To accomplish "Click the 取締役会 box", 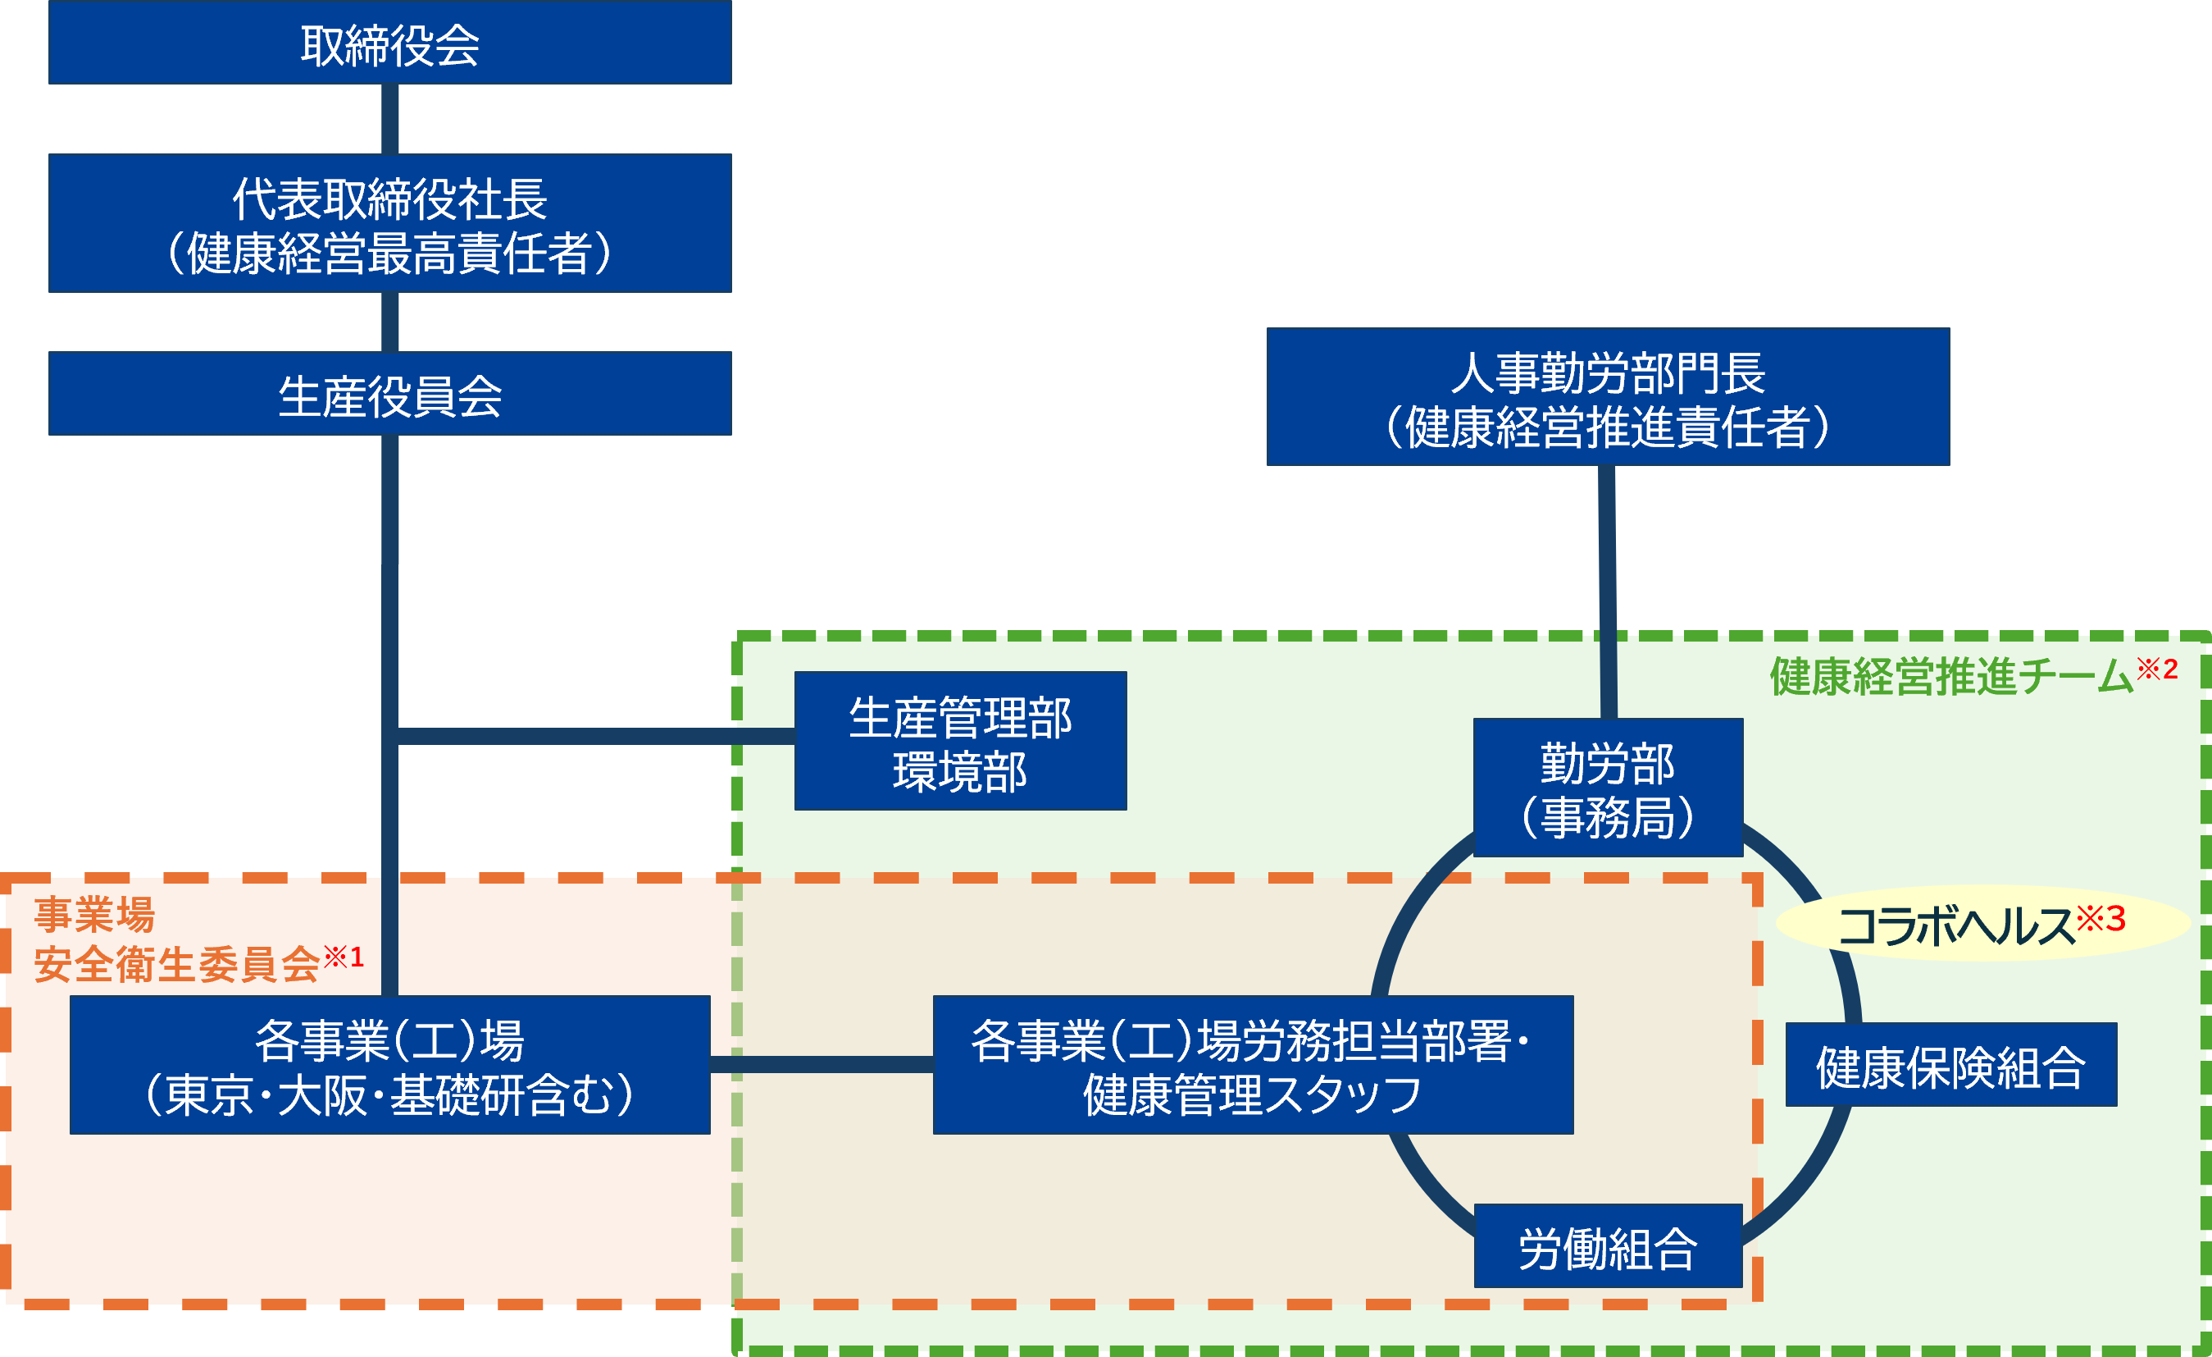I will click(389, 43).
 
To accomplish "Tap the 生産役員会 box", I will click(389, 393).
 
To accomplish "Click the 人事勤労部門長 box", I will click(1608, 397).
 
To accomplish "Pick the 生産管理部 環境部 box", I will click(960, 741).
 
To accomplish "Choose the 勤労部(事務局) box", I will click(1608, 788).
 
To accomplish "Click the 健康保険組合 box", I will click(1950, 1065).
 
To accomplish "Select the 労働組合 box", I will click(1608, 1246).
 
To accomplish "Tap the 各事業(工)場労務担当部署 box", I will click(1252, 1065).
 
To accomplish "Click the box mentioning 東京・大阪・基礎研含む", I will click(389, 1065).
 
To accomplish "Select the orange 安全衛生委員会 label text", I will click(176, 965).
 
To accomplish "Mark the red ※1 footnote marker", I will click(343, 957).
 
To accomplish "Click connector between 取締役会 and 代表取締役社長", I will click(389, 118).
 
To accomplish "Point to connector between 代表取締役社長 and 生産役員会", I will click(389, 322).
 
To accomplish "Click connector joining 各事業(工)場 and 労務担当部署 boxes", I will click(821, 1065).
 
